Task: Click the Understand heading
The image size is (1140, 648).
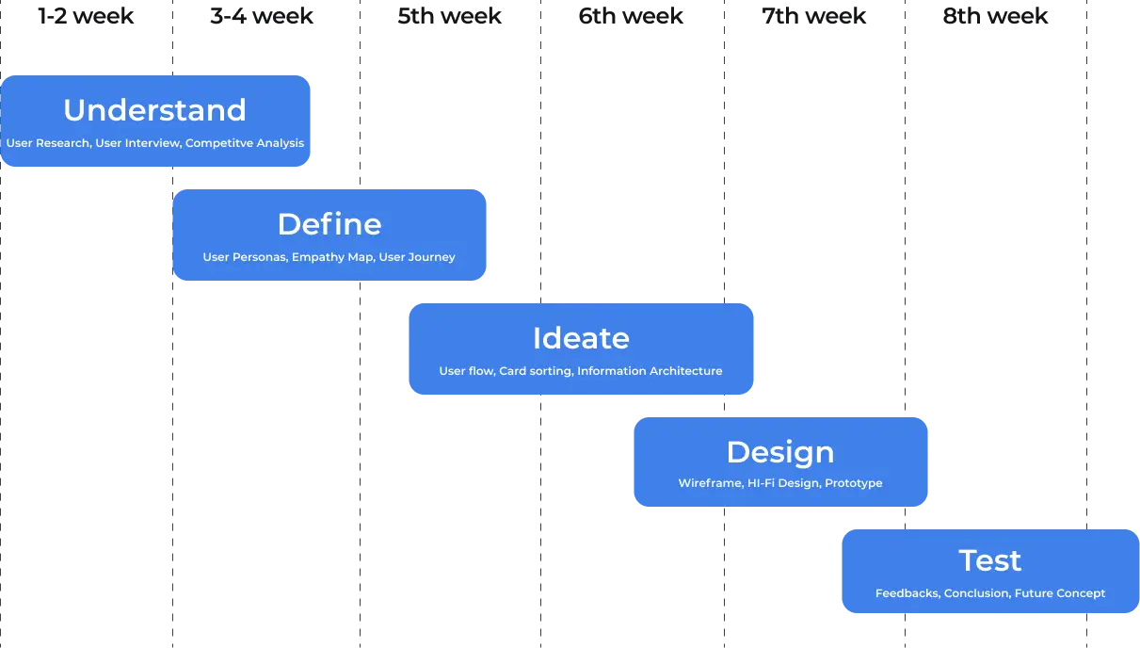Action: [154, 110]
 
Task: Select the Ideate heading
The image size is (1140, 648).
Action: [581, 338]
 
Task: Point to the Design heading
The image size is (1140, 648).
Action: [780, 452]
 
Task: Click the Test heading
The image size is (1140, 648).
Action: [990, 560]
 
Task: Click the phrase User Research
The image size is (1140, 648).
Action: [48, 143]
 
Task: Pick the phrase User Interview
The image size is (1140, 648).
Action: [137, 143]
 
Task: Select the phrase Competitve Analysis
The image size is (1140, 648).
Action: [245, 143]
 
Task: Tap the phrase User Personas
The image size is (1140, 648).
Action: [244, 257]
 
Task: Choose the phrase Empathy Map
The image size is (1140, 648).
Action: [332, 257]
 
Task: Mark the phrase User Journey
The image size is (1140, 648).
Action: [417, 257]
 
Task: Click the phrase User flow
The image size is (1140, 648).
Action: [465, 371]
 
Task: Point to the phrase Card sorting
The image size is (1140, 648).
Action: [535, 371]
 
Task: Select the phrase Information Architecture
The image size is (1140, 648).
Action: [650, 371]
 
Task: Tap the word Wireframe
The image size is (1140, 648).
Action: [709, 483]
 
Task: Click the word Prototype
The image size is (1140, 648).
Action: [854, 483]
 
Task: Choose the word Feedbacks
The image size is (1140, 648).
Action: [907, 593]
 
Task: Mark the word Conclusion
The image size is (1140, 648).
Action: [976, 593]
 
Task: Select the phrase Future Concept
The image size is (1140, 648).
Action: [1060, 593]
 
